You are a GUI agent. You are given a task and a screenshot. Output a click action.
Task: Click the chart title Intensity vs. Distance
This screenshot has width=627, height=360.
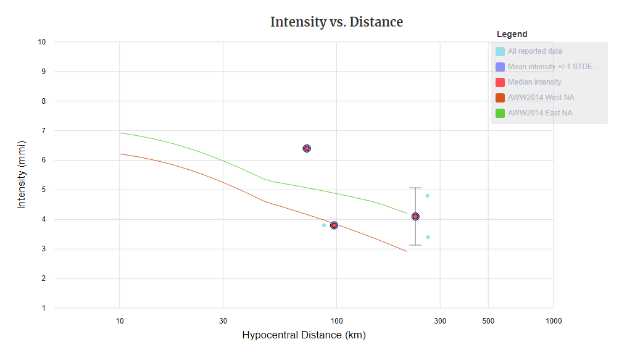click(x=336, y=22)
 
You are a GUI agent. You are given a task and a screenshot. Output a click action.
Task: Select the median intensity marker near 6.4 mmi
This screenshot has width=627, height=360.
click(x=307, y=148)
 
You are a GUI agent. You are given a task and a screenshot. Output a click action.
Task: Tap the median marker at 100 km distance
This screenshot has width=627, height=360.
click(x=334, y=225)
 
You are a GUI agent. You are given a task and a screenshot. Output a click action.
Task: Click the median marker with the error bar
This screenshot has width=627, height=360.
click(x=415, y=216)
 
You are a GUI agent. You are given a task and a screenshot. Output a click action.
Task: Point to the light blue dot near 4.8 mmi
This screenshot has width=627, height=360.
click(x=427, y=196)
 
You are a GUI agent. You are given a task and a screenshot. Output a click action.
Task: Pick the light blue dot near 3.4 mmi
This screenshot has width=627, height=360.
click(x=428, y=237)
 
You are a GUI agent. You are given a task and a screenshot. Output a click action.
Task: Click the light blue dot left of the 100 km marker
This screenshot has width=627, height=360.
click(x=324, y=225)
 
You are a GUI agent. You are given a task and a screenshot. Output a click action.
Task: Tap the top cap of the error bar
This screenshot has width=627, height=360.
click(x=415, y=188)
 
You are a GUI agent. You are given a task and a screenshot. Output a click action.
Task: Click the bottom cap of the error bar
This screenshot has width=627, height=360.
click(x=415, y=245)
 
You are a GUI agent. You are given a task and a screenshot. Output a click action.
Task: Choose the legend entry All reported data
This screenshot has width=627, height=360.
click(x=534, y=51)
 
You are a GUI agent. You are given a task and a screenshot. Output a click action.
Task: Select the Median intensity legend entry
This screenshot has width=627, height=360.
click(x=534, y=82)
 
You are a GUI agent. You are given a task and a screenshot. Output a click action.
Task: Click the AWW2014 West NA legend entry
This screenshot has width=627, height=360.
click(x=541, y=98)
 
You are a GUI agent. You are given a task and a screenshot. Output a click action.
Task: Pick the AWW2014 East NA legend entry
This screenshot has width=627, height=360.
click(x=539, y=113)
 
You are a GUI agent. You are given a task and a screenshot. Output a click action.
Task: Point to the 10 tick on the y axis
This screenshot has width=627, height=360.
click(x=42, y=42)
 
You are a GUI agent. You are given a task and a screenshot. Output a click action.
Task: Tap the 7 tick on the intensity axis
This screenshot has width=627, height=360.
click(x=44, y=131)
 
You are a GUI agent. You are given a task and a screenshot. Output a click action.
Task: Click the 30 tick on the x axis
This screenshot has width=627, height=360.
click(x=223, y=321)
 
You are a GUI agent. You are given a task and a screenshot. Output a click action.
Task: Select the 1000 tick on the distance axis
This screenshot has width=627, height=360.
click(x=553, y=321)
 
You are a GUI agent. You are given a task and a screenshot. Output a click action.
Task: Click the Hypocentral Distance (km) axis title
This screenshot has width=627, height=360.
click(x=304, y=335)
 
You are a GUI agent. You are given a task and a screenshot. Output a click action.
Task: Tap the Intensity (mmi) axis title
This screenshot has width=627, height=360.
click(x=22, y=175)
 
